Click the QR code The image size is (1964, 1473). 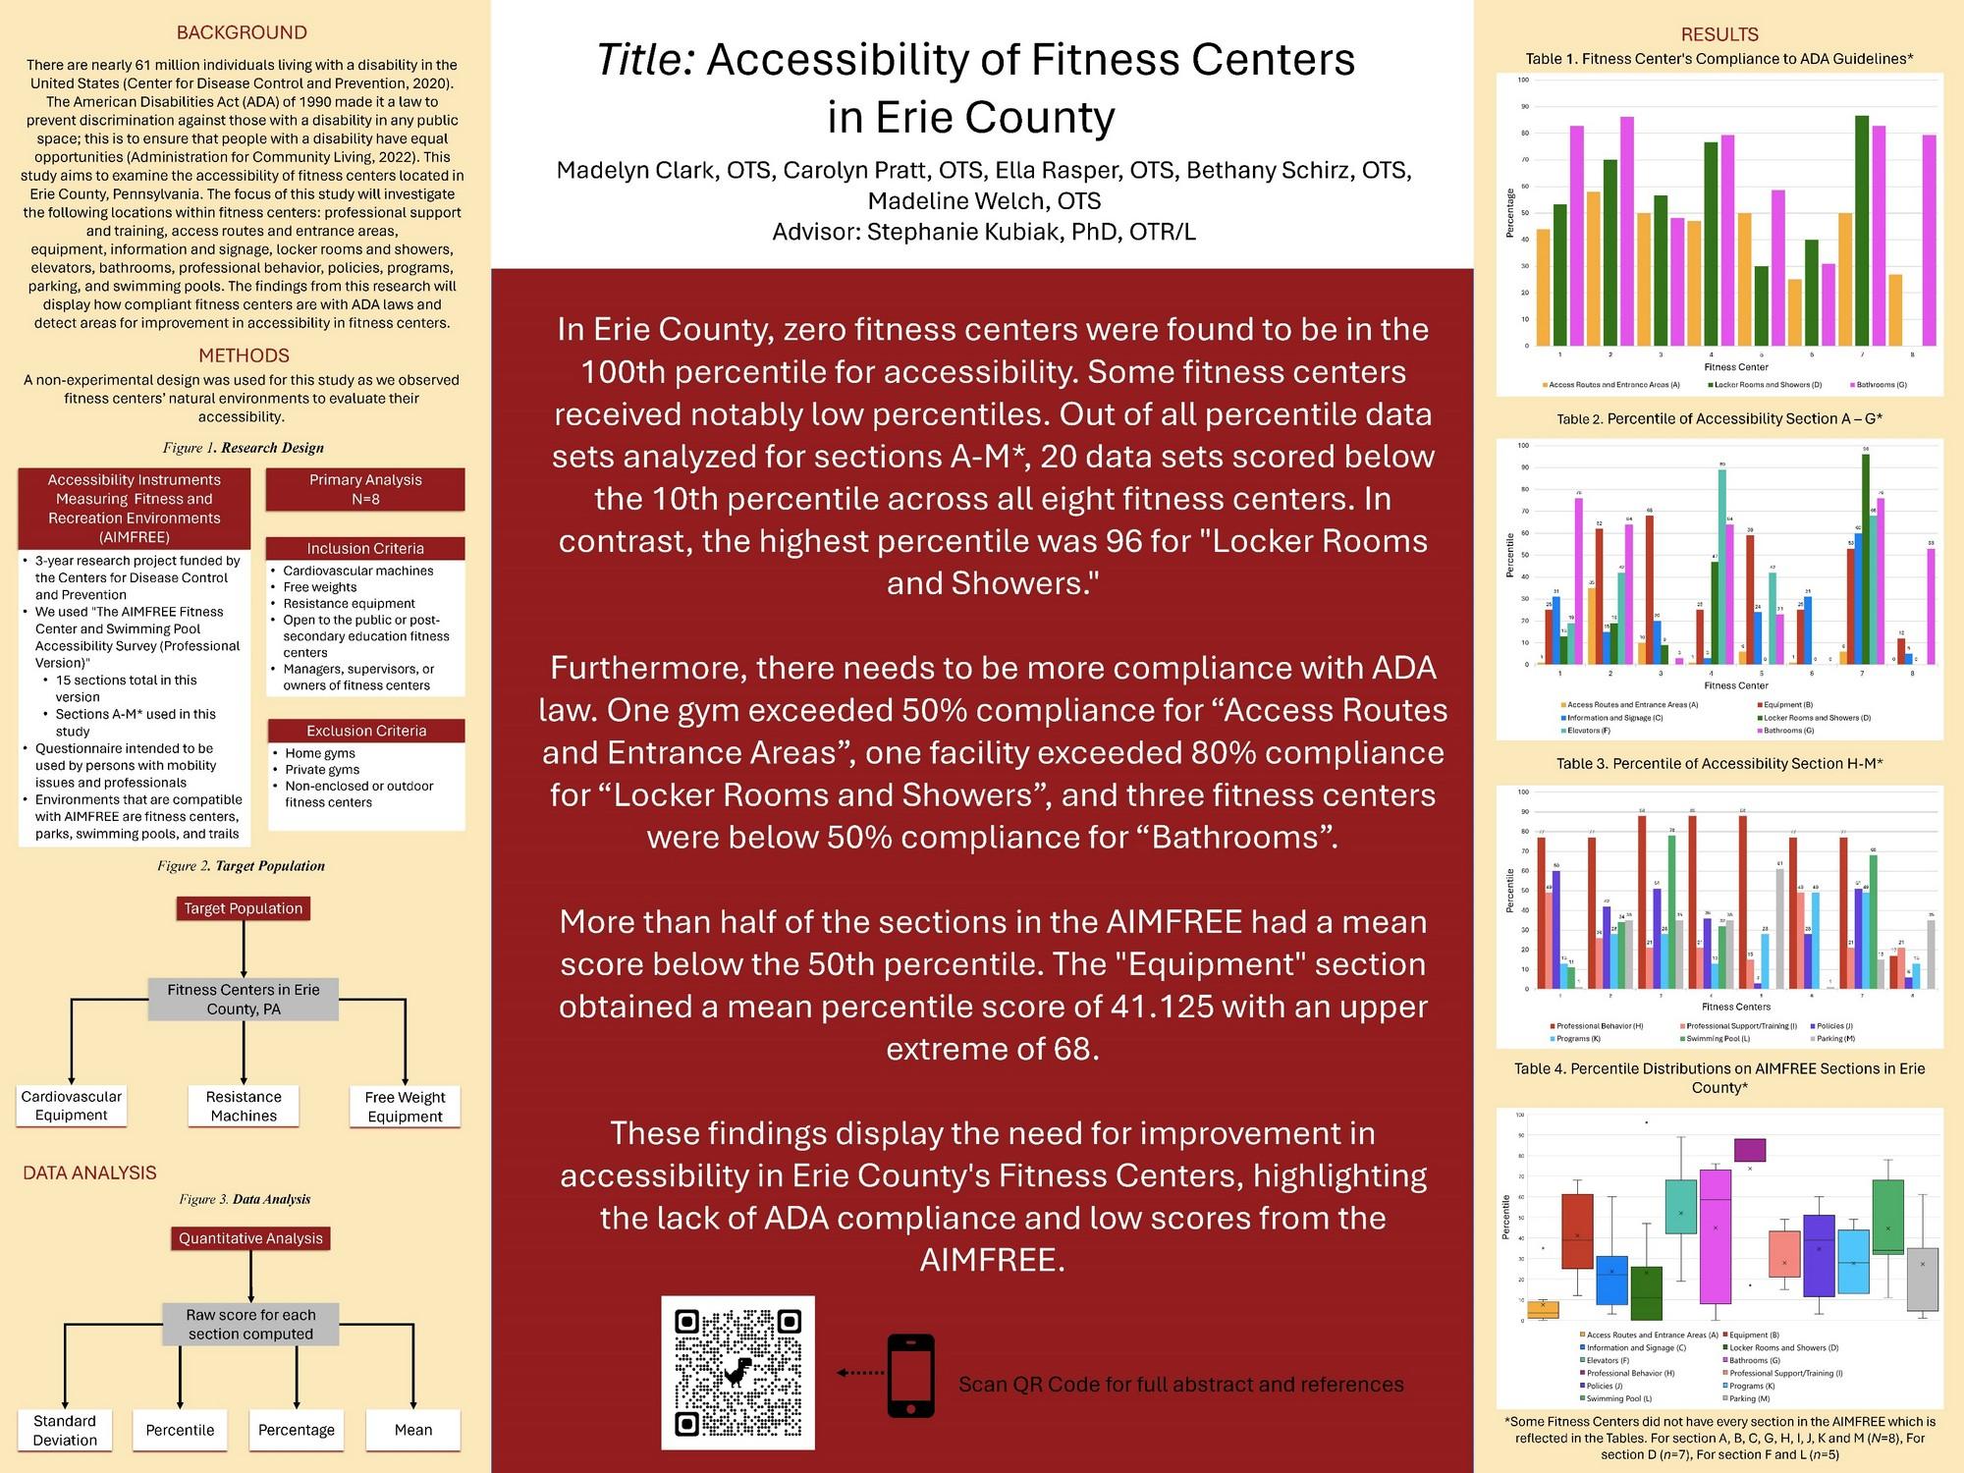click(737, 1372)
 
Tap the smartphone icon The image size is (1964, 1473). click(910, 1375)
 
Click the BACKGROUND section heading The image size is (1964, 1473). click(242, 32)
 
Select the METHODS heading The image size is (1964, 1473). click(244, 355)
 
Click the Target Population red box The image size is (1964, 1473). click(243, 908)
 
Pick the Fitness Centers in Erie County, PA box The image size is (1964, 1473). click(244, 999)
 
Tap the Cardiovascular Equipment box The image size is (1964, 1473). click(72, 1106)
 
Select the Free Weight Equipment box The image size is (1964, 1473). click(405, 1107)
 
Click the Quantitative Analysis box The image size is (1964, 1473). click(250, 1238)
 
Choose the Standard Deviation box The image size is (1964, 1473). click(65, 1430)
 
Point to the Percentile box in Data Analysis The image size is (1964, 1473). click(180, 1430)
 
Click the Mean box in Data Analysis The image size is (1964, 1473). click(413, 1430)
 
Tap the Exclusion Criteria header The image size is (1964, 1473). click(366, 731)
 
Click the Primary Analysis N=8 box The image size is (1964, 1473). click(365, 489)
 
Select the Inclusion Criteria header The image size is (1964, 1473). click(365, 548)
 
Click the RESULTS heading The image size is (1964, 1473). click(1719, 34)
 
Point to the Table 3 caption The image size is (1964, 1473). click(1719, 763)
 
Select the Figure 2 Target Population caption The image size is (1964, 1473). click(242, 865)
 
